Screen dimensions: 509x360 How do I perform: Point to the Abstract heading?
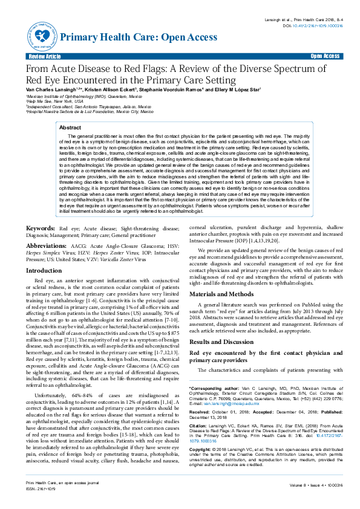70,128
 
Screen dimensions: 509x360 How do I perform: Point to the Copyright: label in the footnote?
202,450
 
